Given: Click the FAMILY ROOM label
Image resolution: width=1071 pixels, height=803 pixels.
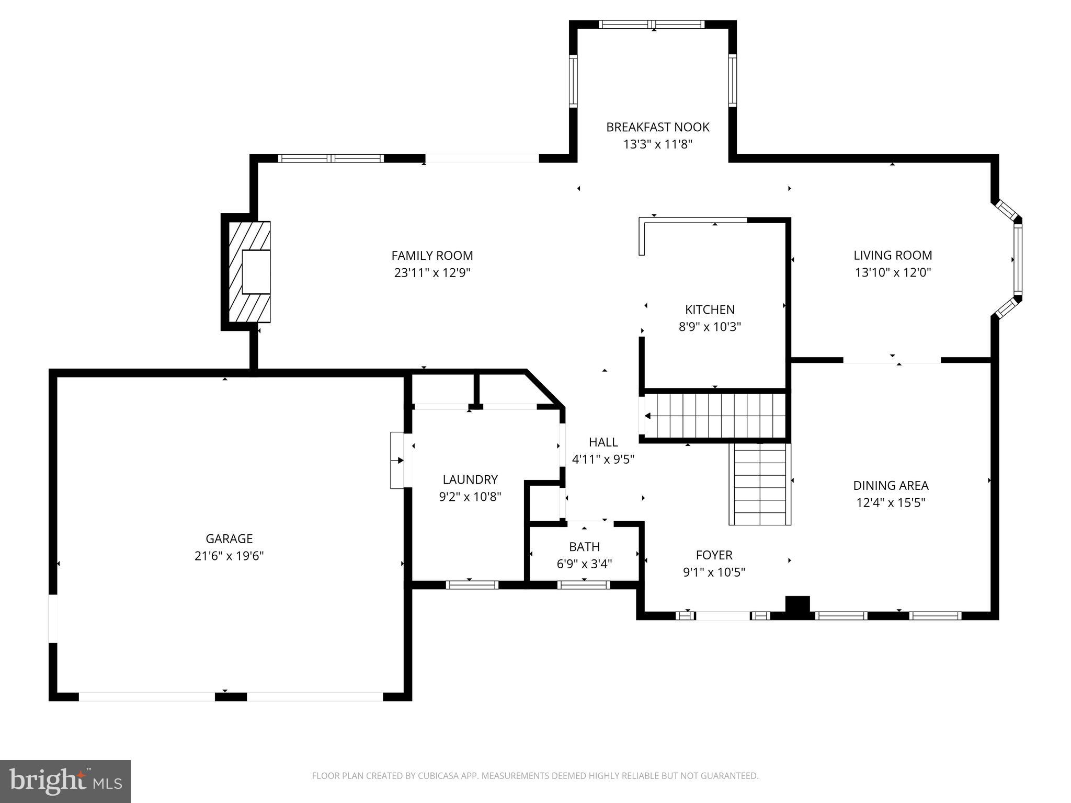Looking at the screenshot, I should click(432, 256).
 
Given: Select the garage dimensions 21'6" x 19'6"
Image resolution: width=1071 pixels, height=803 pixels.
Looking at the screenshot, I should click(229, 556).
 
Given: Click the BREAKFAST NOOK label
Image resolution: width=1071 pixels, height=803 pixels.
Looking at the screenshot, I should click(657, 127).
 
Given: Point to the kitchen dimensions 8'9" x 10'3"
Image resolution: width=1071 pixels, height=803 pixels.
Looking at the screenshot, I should click(710, 327).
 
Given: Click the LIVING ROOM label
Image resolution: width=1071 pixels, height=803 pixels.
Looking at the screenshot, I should click(893, 255).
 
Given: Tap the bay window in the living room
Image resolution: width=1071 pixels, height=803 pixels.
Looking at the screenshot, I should click(1017, 259).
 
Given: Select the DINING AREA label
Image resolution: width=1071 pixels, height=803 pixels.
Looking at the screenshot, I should click(891, 485).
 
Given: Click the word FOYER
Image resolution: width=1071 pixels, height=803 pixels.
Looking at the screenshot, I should click(714, 555).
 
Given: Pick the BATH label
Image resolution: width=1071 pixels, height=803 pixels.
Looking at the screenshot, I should click(584, 547).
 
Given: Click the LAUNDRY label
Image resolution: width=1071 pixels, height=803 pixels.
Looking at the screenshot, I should click(470, 479).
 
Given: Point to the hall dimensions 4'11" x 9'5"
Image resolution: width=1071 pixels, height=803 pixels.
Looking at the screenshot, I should click(603, 460).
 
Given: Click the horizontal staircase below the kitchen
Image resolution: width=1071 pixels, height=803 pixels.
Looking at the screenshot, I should click(715, 416).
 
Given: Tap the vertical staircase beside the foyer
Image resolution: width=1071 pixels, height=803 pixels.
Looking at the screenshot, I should click(760, 484).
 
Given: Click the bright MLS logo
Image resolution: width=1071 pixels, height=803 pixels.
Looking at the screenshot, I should click(65, 782).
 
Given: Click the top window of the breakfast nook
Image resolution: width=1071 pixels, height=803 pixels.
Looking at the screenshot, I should click(652, 25).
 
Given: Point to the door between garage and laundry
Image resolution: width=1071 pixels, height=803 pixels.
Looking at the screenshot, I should click(398, 460).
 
